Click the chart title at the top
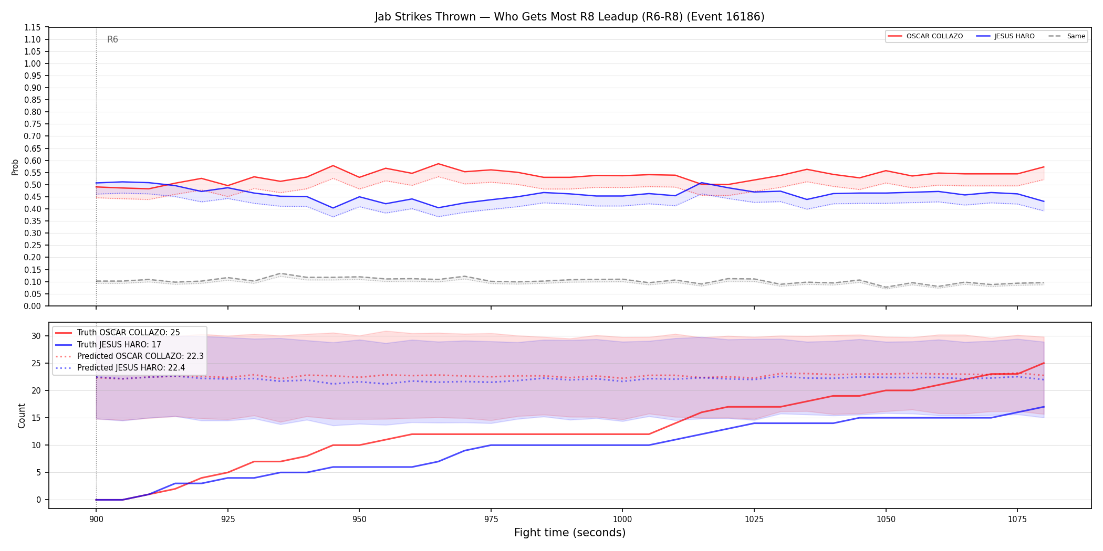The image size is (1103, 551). click(x=569, y=17)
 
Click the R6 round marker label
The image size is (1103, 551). click(x=112, y=39)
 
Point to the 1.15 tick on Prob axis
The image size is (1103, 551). click(x=33, y=27)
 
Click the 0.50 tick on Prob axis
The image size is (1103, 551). click(x=33, y=185)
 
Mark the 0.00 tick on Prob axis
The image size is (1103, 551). click(x=33, y=306)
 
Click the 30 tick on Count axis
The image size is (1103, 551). click(x=36, y=336)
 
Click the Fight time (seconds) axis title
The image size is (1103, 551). click(x=570, y=533)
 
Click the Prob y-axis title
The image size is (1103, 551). click(x=15, y=167)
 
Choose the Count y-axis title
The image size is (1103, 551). click(x=22, y=416)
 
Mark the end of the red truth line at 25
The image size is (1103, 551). click(x=1044, y=363)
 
